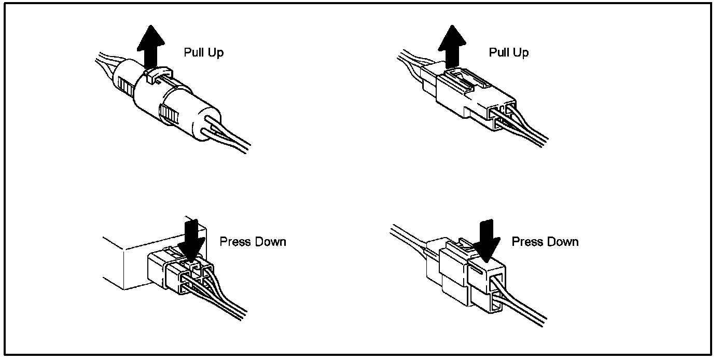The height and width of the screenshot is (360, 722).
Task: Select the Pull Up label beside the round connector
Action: coord(204,52)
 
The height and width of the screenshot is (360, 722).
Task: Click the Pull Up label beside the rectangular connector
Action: coord(509,52)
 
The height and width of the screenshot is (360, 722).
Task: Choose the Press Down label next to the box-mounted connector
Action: coord(253,242)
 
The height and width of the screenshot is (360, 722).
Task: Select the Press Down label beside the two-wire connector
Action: coord(545,242)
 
